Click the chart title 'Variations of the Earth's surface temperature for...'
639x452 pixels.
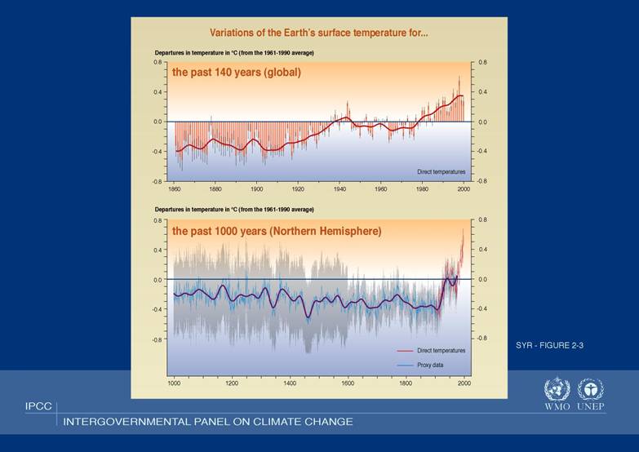[319, 33]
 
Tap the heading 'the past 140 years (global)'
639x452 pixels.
[236, 72]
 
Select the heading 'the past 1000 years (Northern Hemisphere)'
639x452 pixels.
[276, 231]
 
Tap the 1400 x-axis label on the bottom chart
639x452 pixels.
[290, 382]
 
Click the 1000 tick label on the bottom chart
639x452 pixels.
[174, 382]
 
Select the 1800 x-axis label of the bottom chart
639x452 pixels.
[406, 382]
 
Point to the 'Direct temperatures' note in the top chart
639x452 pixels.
[441, 172]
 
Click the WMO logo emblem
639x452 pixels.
[557, 388]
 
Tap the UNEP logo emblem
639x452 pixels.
[590, 388]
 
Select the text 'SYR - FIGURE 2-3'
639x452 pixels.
[549, 346]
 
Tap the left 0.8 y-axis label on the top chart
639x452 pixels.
[158, 62]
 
